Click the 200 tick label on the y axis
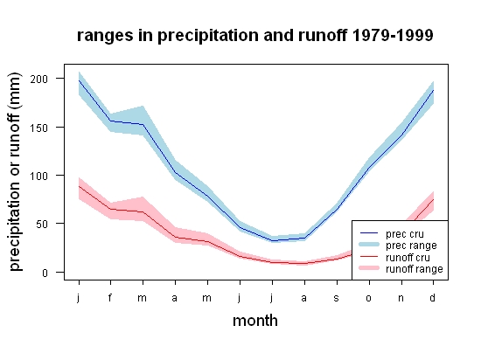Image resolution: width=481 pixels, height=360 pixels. click(39, 79)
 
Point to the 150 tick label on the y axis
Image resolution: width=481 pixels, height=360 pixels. click(39, 128)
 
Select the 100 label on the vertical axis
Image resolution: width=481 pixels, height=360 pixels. click(39, 176)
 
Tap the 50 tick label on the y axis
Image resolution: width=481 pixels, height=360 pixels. click(42, 224)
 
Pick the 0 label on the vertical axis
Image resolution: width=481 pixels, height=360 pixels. click(45, 273)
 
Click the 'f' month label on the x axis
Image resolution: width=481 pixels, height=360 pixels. click(110, 297)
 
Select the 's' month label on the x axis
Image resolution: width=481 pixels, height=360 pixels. click(337, 298)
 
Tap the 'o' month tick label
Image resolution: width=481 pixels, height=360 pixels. click(369, 298)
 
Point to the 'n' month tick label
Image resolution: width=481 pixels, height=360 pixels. click(401, 298)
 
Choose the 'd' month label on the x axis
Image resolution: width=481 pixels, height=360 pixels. click(433, 297)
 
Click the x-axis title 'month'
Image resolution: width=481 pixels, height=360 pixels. click(255, 321)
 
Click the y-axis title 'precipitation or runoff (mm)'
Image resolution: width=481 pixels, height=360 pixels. click(15, 172)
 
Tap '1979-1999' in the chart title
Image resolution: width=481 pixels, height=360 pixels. click(393, 35)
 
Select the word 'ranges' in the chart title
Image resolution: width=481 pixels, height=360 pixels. click(105, 36)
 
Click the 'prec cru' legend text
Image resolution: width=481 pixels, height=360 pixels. click(405, 234)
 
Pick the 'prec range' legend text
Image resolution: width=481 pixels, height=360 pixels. click(411, 246)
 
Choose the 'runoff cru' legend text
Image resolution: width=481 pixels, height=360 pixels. click(408, 258)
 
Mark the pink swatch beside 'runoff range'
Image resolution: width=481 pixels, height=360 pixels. click(369, 268)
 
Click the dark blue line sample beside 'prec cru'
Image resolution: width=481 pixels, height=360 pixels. click(369, 233)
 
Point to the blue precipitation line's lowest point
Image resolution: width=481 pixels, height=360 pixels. click(272, 241)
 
